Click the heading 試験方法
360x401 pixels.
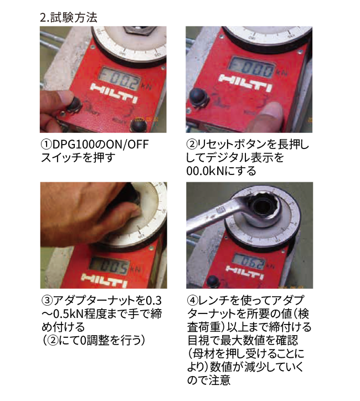pyautogui.click(x=74, y=18)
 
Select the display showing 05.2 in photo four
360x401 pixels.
pyautogui.click(x=250, y=261)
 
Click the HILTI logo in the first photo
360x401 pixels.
pyautogui.click(x=113, y=94)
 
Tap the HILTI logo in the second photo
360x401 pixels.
pyautogui.click(x=246, y=83)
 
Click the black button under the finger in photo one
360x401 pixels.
pyautogui.click(x=74, y=104)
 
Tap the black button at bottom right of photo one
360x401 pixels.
pyautogui.click(x=138, y=126)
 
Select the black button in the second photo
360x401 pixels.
pyautogui.click(x=199, y=97)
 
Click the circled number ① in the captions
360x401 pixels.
pyautogui.click(x=47, y=145)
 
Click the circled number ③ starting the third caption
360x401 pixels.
pyautogui.click(x=47, y=301)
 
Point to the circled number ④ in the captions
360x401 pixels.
pyautogui.click(x=192, y=301)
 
